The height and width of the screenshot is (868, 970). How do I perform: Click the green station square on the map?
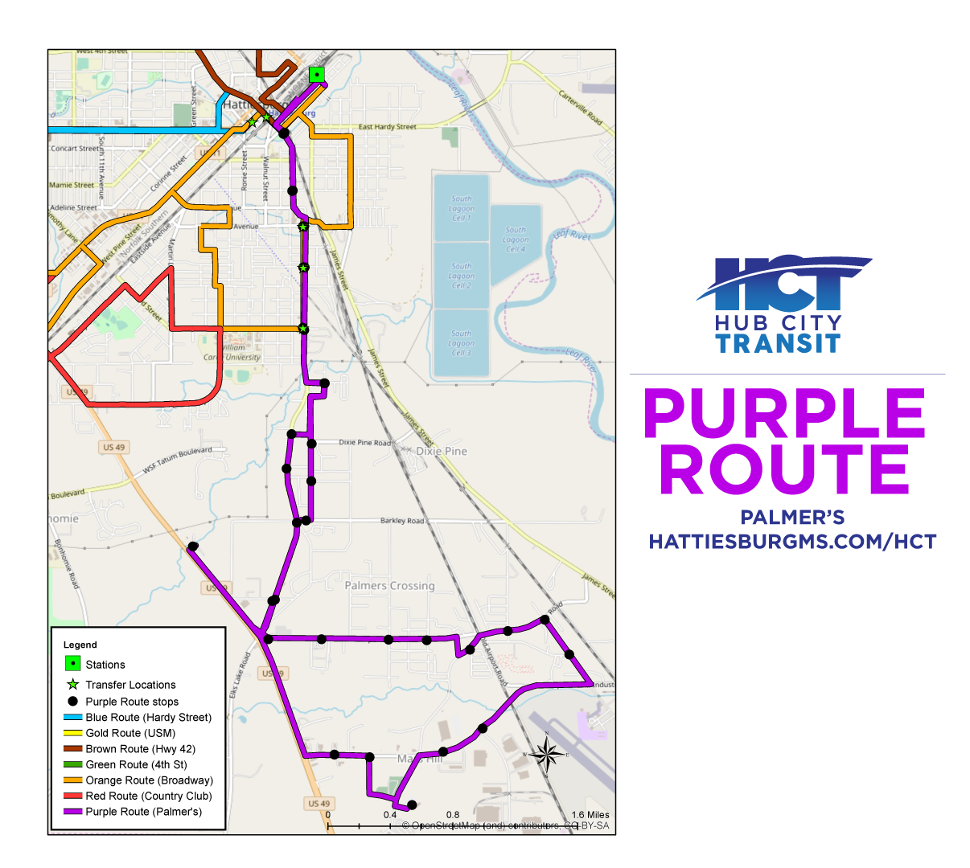click(x=318, y=75)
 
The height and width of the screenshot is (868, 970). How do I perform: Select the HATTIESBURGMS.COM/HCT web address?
click(x=792, y=542)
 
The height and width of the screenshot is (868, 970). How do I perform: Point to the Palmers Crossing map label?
click(x=389, y=586)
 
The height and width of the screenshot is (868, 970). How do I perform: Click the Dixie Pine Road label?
click(x=364, y=443)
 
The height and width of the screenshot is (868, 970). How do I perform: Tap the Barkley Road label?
click(x=402, y=521)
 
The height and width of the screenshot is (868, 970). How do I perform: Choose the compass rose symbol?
click(x=546, y=755)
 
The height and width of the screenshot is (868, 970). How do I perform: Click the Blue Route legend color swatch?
click(x=72, y=717)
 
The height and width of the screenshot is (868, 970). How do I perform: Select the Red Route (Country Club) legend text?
click(x=149, y=796)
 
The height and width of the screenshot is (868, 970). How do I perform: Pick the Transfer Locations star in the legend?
click(x=72, y=685)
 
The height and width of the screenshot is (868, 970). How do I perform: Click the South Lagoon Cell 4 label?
click(x=516, y=240)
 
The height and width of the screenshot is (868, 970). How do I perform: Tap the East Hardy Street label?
click(x=387, y=127)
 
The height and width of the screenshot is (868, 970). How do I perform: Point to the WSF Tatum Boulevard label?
click(x=177, y=460)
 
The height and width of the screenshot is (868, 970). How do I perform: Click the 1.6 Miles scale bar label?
click(x=590, y=815)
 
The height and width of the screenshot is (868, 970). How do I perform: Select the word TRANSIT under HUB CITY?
click(x=778, y=344)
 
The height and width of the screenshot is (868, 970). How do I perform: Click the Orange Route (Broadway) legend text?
click(x=149, y=780)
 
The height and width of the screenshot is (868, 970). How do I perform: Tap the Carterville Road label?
click(x=581, y=107)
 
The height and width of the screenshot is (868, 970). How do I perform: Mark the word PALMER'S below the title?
click(x=792, y=517)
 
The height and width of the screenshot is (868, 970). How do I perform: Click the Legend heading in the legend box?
click(x=80, y=645)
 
